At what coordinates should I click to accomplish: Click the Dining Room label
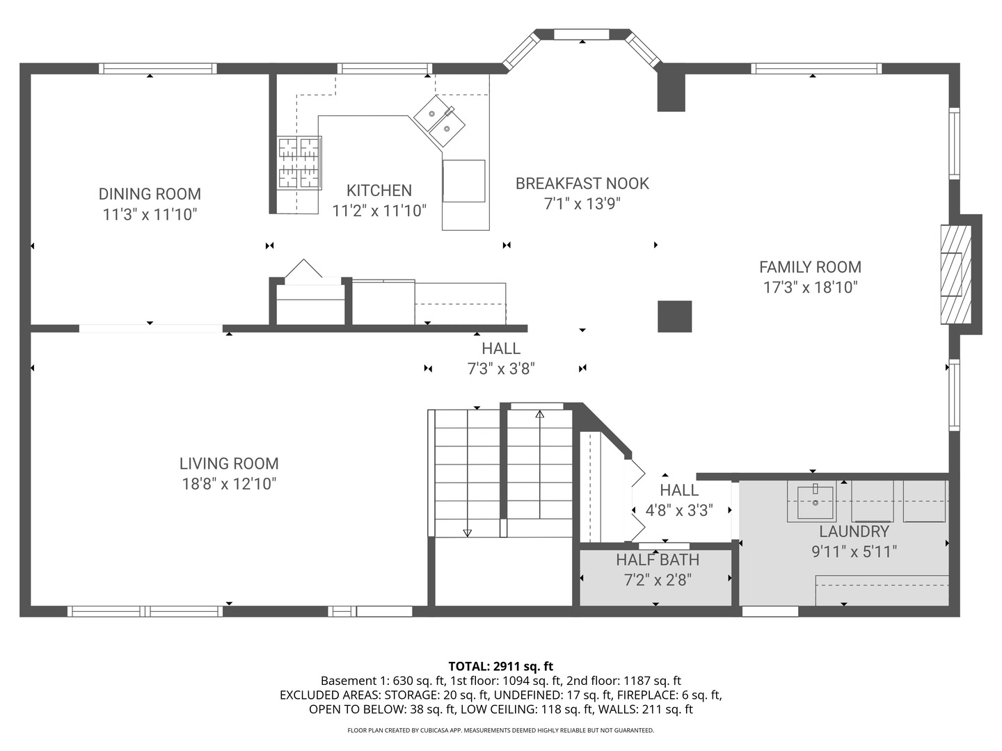(150, 194)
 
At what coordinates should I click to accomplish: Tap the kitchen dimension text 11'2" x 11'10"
(379, 211)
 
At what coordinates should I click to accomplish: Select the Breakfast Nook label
(582, 184)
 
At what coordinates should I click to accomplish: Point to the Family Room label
(810, 267)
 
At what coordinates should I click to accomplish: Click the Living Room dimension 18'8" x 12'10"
(229, 484)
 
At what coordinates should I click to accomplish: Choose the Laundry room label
(854, 532)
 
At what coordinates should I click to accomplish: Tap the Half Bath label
(657, 560)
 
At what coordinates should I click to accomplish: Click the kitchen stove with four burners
(300, 163)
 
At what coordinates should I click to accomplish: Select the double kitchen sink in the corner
(440, 121)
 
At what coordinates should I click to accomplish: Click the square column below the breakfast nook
(674, 316)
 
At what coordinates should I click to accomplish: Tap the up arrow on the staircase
(539, 415)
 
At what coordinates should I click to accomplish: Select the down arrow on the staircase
(467, 532)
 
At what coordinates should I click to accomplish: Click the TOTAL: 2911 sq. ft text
(500, 666)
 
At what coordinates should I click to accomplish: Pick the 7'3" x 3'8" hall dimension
(500, 369)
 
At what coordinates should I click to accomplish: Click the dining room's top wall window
(157, 68)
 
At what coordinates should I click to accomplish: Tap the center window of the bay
(581, 34)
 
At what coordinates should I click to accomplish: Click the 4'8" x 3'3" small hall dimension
(678, 511)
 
